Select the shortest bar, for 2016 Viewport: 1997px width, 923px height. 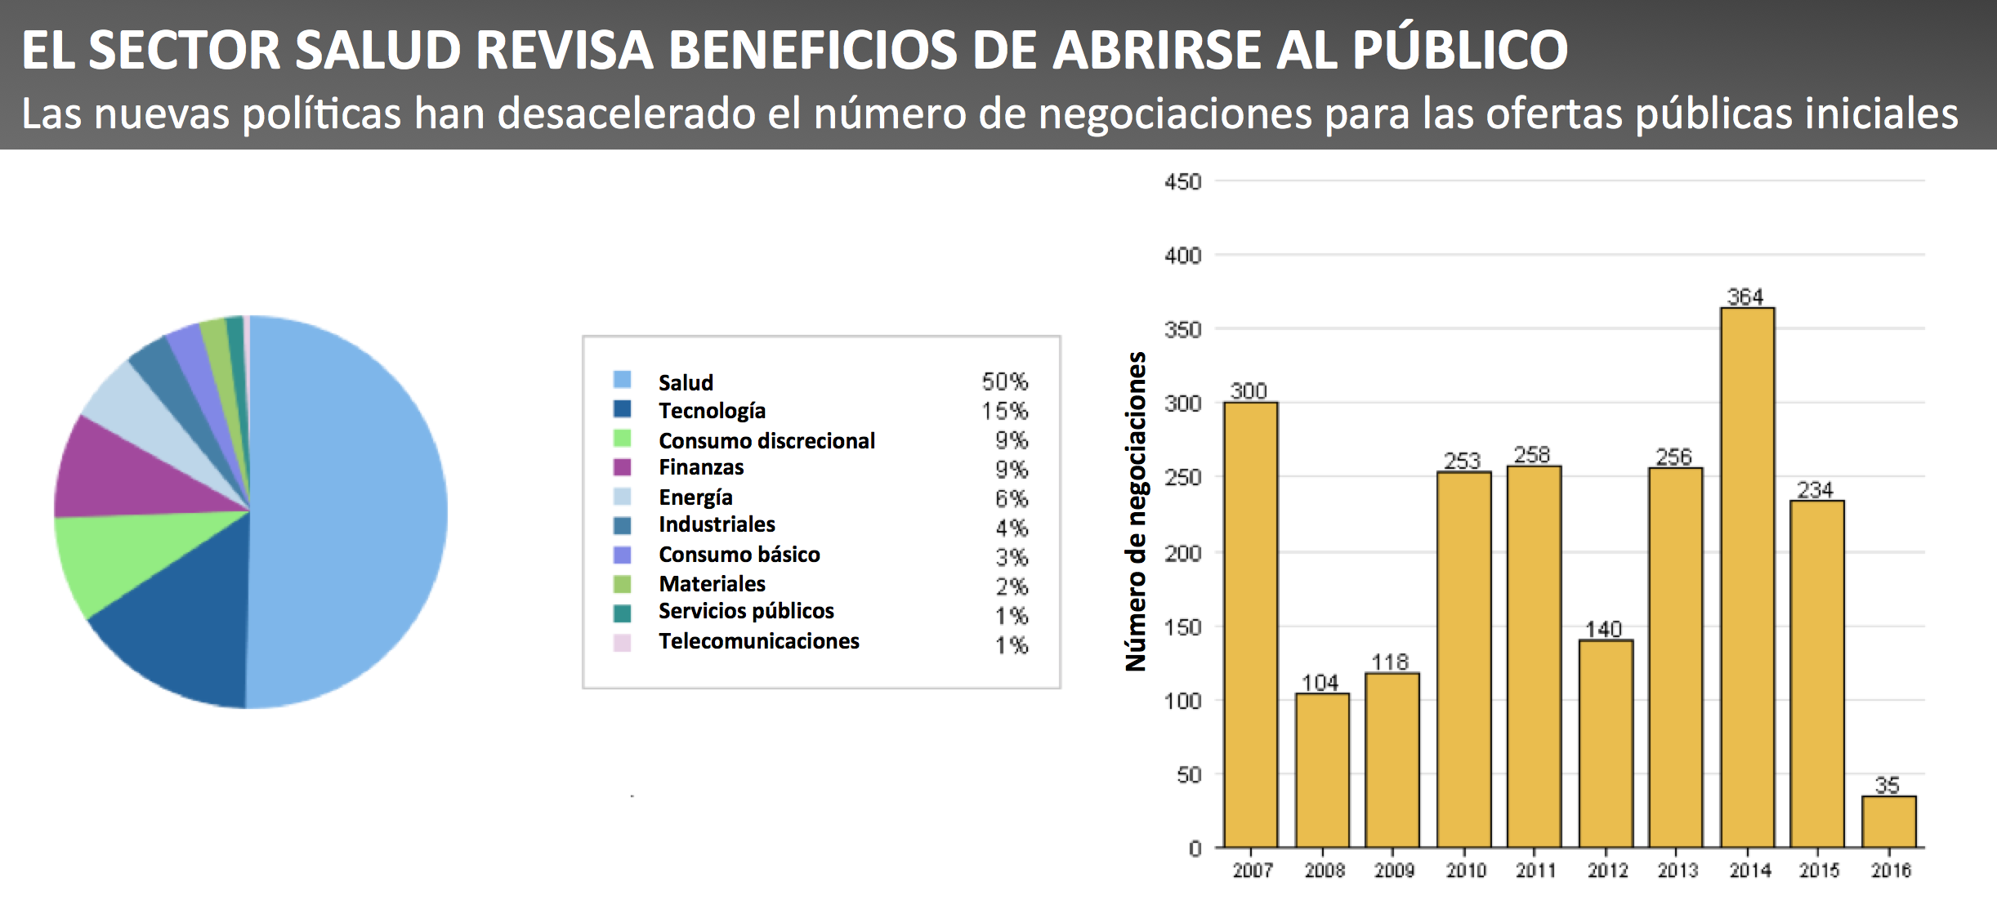[1888, 822]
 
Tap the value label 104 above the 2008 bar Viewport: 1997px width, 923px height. [1320, 682]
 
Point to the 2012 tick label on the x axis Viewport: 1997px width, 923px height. [1607, 871]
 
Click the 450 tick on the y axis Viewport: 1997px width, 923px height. [1182, 181]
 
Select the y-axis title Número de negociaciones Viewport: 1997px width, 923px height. [1136, 511]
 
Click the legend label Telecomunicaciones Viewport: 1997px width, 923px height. [758, 641]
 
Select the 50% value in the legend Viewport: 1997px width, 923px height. [1004, 381]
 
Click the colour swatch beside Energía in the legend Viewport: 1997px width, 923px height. [622, 497]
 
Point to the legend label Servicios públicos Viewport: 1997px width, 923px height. [745, 611]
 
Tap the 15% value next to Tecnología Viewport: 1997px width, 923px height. [1004, 411]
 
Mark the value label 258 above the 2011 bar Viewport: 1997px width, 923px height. [1531, 455]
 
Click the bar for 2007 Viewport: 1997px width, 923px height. [1250, 625]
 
